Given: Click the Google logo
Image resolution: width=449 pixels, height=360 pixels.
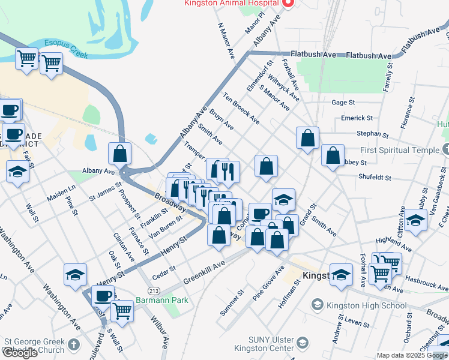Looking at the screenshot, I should coord(20,353).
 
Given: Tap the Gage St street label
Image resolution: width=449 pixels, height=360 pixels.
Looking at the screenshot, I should coord(343,103).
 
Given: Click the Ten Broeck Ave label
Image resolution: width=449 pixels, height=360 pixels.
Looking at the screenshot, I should coord(241,109).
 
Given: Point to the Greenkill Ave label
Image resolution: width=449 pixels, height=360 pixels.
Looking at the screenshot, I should coord(204,272).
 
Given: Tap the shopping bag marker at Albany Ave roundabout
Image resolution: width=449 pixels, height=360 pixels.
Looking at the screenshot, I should coord(119,153).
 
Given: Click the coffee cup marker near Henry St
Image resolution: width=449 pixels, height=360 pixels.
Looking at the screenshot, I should coord(103,296).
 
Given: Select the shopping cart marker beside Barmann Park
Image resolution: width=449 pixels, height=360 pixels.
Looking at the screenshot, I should coord(122,311).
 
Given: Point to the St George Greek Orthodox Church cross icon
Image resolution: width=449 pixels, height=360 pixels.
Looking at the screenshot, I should coord(73,344).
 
